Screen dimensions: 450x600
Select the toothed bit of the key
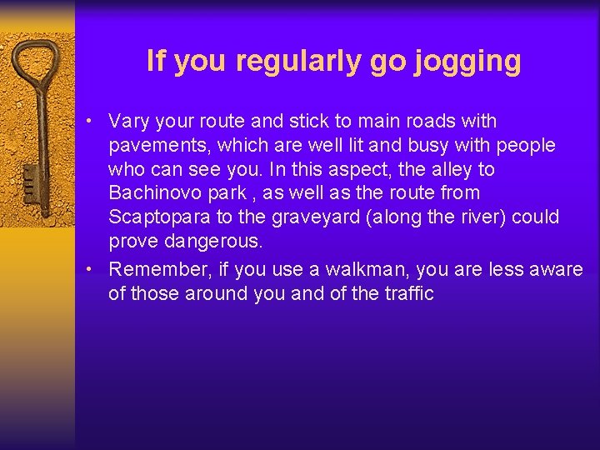click(x=30, y=178)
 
